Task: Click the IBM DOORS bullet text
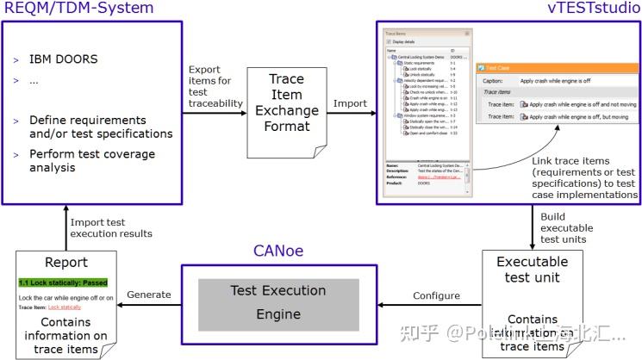click(x=64, y=59)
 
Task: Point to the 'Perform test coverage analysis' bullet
click(x=91, y=161)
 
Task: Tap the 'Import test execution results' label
click(x=111, y=227)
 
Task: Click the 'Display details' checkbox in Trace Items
click(x=389, y=41)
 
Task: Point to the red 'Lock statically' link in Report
click(x=65, y=307)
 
